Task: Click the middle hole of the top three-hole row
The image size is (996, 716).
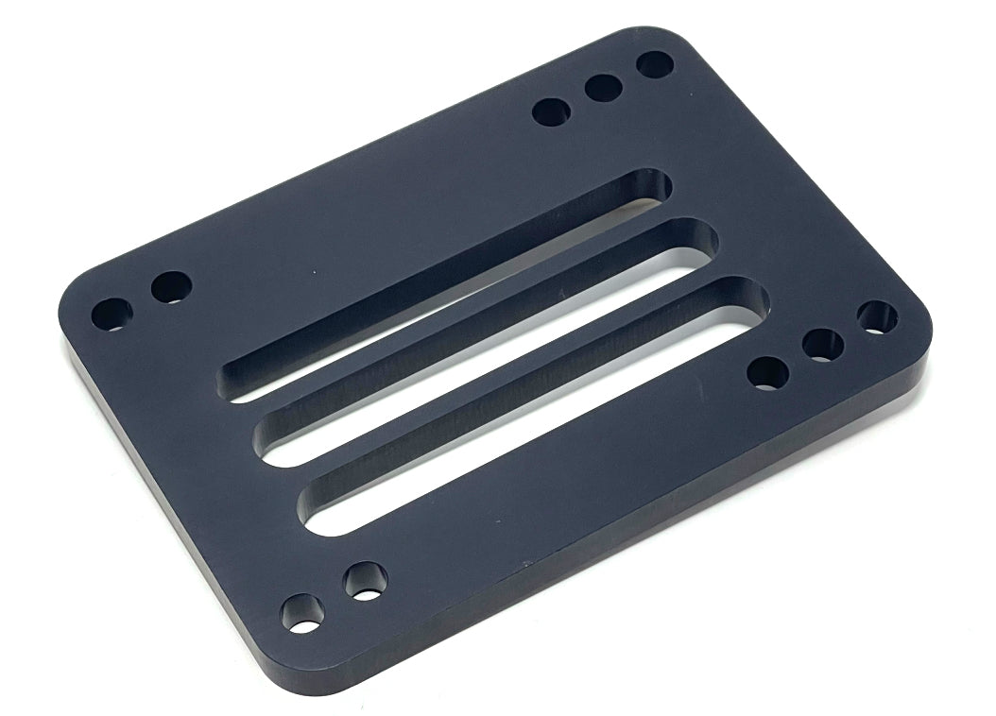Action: tap(602, 90)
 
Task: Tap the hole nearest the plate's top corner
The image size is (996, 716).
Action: tap(654, 65)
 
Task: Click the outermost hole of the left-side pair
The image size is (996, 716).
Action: tap(112, 314)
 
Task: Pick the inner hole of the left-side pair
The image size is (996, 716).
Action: tap(171, 286)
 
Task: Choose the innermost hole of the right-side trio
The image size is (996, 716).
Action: tap(767, 372)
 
